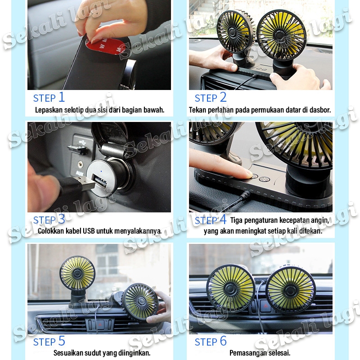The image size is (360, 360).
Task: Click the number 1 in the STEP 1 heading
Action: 62,97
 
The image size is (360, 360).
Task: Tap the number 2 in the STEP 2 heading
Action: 223,97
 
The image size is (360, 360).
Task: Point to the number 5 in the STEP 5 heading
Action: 62,341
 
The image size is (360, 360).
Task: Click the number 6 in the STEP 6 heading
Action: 223,341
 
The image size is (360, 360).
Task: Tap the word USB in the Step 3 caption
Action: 89,230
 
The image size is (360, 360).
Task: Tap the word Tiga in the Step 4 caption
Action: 236,220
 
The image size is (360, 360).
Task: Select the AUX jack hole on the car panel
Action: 80,164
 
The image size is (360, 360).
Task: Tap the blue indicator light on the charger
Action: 101,171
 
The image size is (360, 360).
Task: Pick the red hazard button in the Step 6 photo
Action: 266,306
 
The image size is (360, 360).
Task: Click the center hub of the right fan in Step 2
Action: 279,35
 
